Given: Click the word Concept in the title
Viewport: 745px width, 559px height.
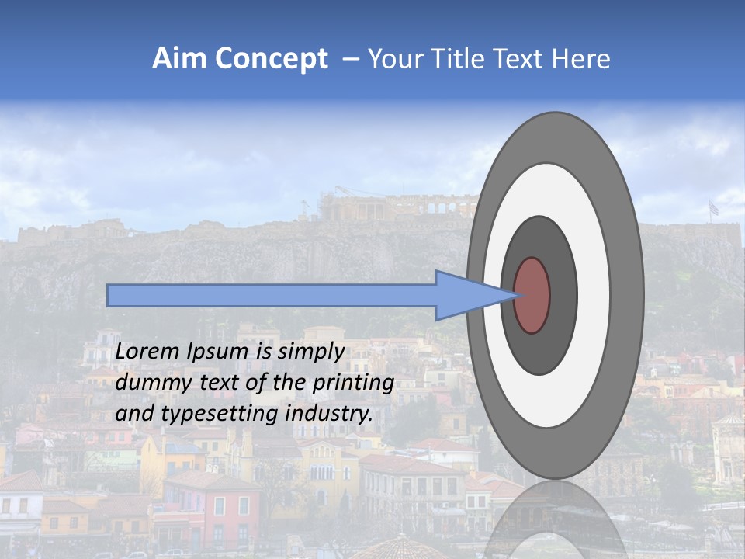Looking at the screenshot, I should [x=271, y=59].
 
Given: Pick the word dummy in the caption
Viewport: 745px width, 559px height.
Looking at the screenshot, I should [x=148, y=384].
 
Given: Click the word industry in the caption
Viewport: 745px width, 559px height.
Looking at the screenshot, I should [x=329, y=414].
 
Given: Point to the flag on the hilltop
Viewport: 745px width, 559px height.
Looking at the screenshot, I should [x=713, y=208].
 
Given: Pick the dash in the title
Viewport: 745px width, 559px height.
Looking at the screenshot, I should [x=349, y=59].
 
